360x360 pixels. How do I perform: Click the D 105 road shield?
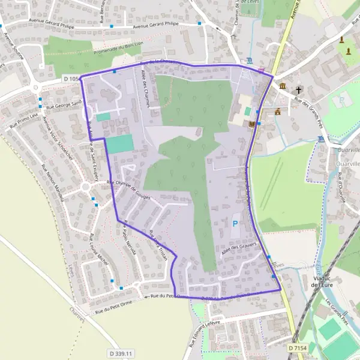point(71,79)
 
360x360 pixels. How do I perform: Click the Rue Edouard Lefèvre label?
point(203,332)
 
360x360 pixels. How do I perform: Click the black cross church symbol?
point(298,91)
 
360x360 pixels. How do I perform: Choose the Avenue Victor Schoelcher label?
point(50,137)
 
